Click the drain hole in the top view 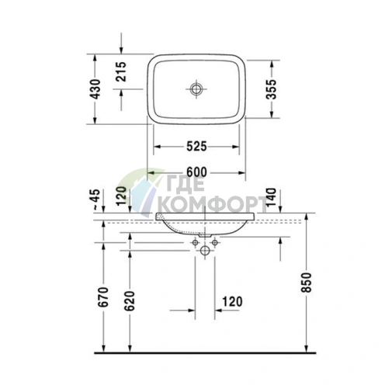(196, 88)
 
